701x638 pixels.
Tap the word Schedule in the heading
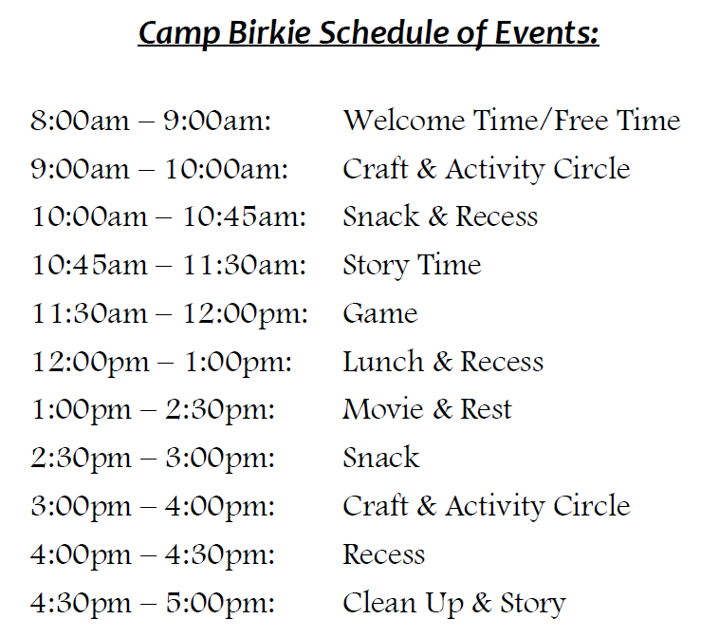click(x=383, y=32)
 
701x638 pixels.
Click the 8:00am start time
click(x=80, y=121)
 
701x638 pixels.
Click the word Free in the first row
click(x=581, y=121)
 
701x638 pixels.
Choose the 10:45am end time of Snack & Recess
click(x=245, y=216)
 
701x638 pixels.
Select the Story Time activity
click(x=412, y=266)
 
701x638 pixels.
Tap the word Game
click(x=380, y=313)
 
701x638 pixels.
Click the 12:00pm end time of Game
click(x=246, y=314)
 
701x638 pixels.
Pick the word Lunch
click(x=383, y=361)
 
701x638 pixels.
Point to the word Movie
click(x=382, y=409)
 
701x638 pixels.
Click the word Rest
click(x=486, y=409)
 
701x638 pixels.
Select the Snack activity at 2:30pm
click(x=381, y=458)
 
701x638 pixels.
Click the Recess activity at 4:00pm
click(x=383, y=554)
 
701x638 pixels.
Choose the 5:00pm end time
click(x=220, y=604)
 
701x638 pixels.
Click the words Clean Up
click(x=403, y=604)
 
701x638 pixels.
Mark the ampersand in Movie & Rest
click(x=442, y=409)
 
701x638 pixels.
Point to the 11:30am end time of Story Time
click(x=245, y=265)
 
